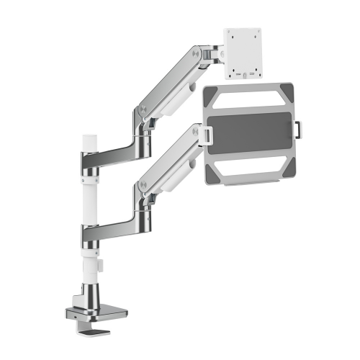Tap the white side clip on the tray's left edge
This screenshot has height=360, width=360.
[x=207, y=133]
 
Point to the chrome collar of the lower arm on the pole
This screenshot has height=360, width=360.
[x=89, y=234]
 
